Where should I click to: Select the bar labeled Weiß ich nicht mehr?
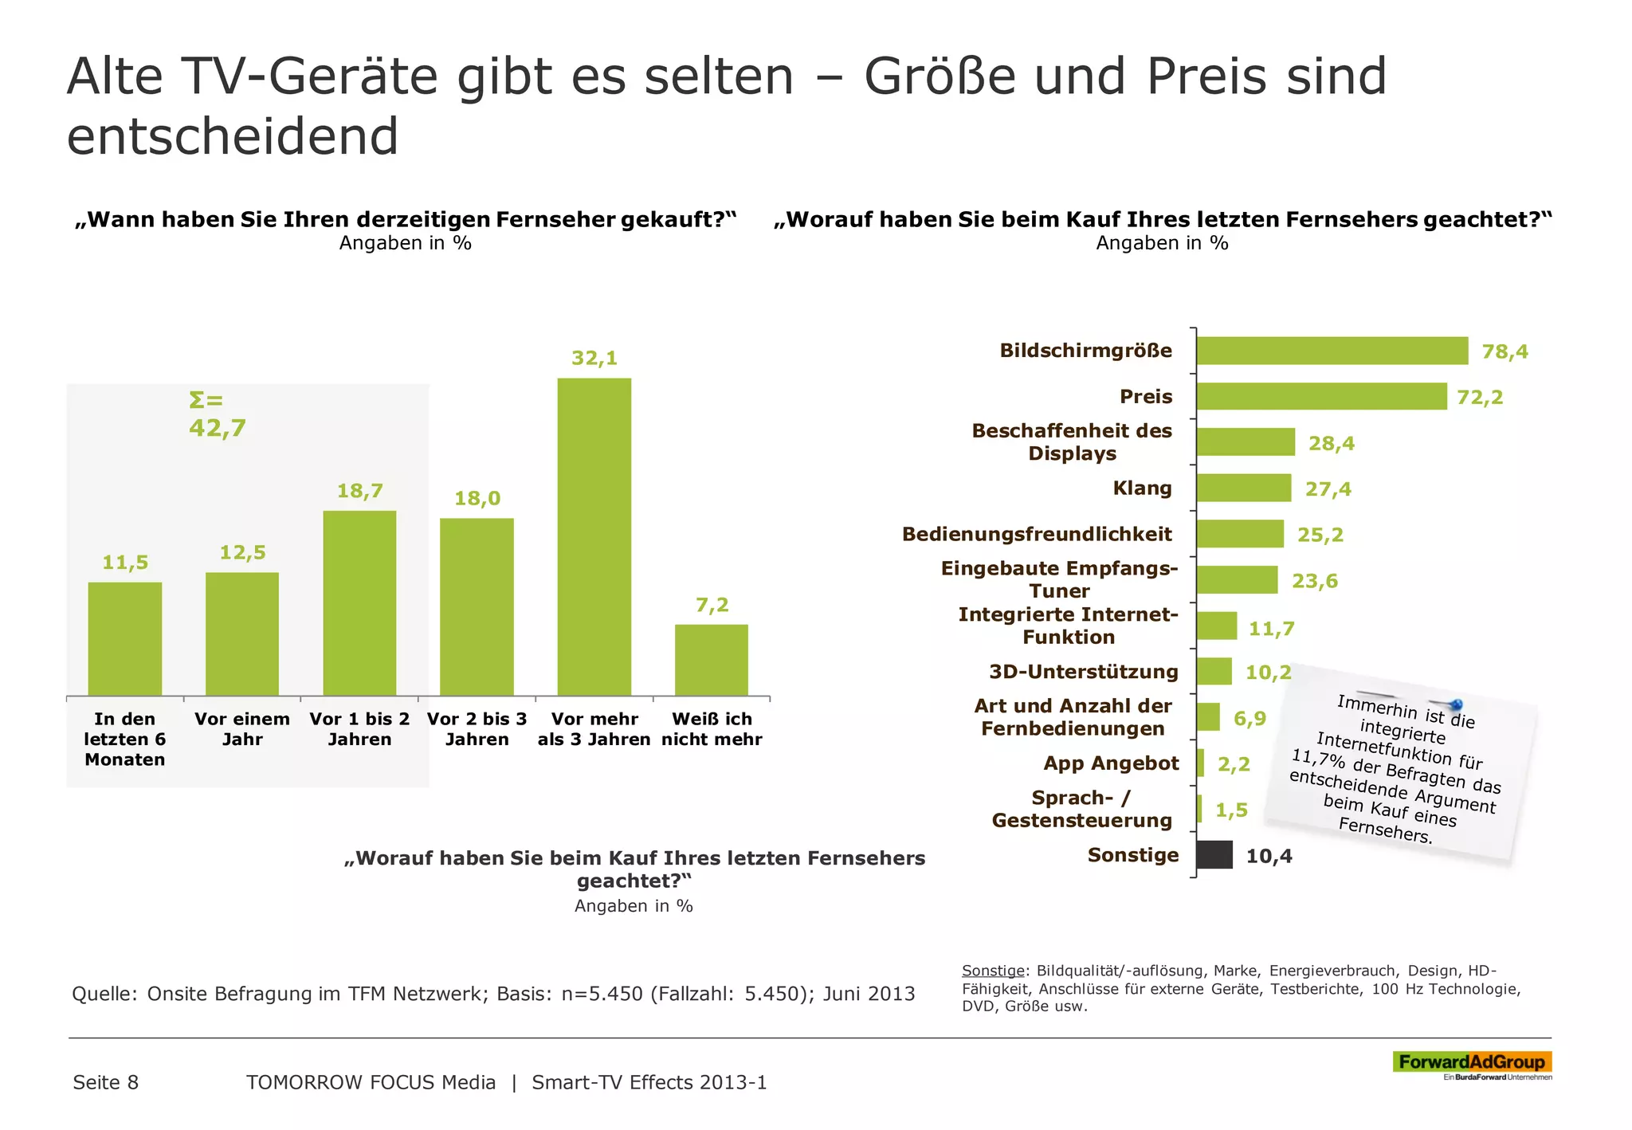tap(711, 660)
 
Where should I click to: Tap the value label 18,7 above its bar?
tap(359, 491)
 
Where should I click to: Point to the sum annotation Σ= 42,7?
tap(217, 415)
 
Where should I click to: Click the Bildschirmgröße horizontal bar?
tap(1331, 351)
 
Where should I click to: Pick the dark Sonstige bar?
tap(1214, 855)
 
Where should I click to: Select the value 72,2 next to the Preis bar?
tap(1479, 397)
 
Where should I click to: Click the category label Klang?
tap(1142, 488)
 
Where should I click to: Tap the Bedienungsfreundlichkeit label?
tap(1036, 534)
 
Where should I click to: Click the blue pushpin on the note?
tap(1455, 704)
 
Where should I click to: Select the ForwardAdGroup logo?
tap(1471, 1062)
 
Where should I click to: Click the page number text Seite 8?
tap(105, 1082)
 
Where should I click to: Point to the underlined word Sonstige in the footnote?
tap(992, 971)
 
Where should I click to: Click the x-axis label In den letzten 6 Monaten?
tap(125, 739)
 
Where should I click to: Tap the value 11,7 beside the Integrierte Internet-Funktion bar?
tap(1271, 629)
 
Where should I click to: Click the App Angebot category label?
tap(1110, 763)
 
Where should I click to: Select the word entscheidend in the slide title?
tap(232, 136)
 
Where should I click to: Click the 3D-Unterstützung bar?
tap(1214, 672)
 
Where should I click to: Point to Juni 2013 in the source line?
tap(869, 994)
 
